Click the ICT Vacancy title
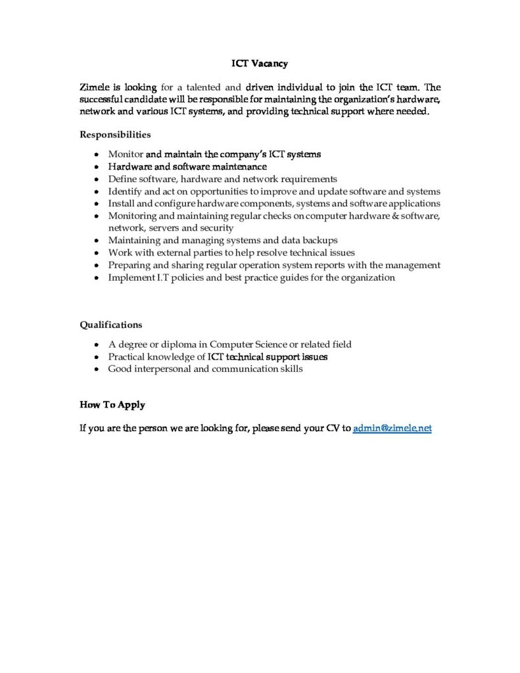260,64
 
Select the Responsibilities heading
115,135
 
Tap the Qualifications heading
110,325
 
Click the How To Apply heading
112,404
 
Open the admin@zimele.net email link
392,428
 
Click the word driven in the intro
262,87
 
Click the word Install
122,203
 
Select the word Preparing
130,265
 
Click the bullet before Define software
97,179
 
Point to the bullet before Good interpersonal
97,369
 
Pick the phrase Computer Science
250,344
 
